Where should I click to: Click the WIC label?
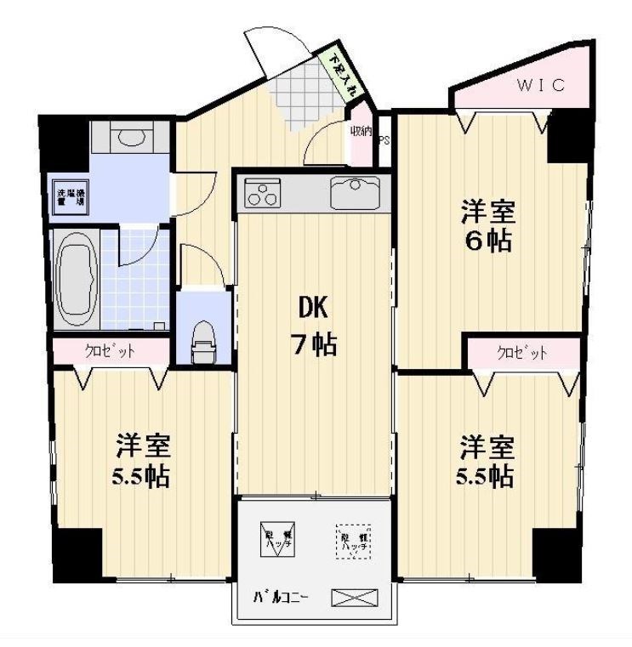540,87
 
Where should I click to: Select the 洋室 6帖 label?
487,225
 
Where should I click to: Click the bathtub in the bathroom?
77,276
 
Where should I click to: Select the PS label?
384,141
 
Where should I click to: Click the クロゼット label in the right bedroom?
521,352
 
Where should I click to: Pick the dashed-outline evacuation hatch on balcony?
352,540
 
